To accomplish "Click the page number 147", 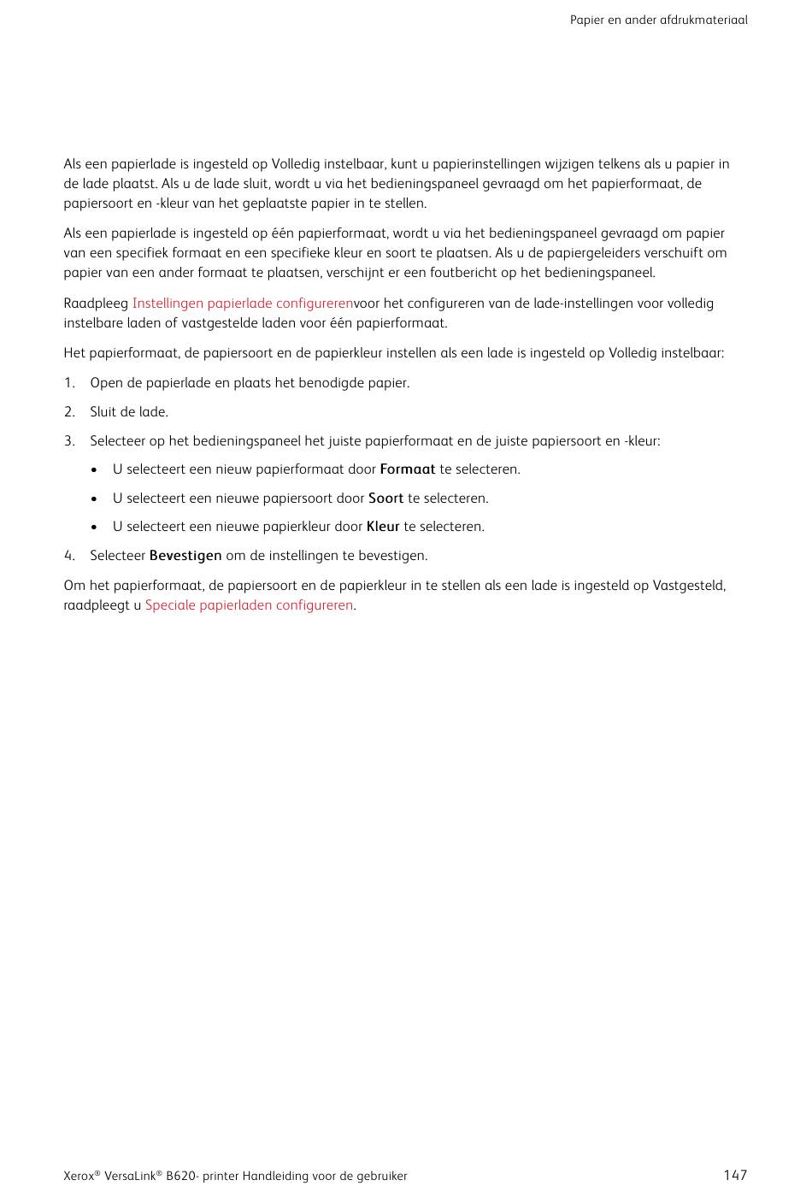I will tap(734, 1175).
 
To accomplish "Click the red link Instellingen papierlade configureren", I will tap(242, 304).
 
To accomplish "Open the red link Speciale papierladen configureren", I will tap(249, 605).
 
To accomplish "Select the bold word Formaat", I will tap(407, 469).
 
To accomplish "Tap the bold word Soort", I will tap(385, 499).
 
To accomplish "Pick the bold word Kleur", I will tap(383, 527).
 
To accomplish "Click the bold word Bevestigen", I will tap(185, 556).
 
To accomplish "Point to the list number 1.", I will tap(69, 383).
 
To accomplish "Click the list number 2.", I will tap(69, 412).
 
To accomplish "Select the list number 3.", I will tap(69, 441).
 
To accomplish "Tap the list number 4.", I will tap(69, 556).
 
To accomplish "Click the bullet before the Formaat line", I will tap(94, 469).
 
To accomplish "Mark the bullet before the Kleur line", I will tap(94, 527).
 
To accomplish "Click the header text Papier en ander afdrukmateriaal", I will tap(658, 20).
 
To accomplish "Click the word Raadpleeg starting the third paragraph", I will tap(96, 304).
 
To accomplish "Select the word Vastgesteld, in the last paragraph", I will tap(689, 586).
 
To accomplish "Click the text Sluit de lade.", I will tap(129, 412).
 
